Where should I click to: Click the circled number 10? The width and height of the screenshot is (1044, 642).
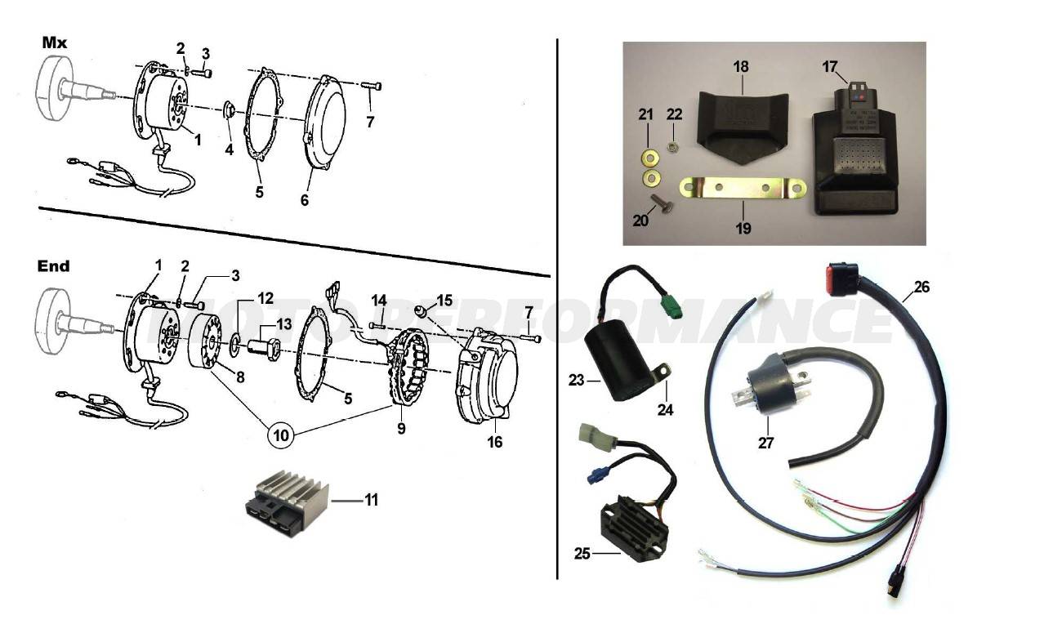(281, 435)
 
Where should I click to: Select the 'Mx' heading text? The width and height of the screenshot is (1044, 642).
(54, 43)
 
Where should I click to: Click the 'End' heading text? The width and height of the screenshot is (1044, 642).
(54, 266)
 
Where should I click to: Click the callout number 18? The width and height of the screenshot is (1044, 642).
(740, 67)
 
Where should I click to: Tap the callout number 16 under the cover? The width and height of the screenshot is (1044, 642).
(495, 442)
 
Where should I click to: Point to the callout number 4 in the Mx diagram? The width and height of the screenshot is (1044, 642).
(229, 149)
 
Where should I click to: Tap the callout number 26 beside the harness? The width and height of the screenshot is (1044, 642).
(921, 288)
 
